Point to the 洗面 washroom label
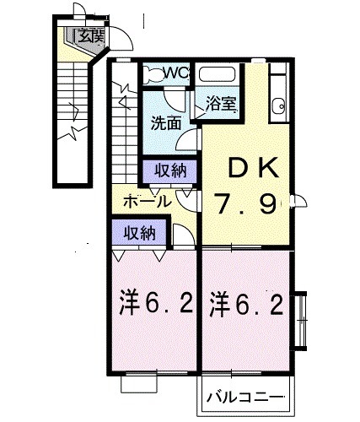click(x=166, y=122)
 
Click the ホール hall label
click(x=147, y=201)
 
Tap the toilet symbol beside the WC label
click(x=150, y=73)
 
